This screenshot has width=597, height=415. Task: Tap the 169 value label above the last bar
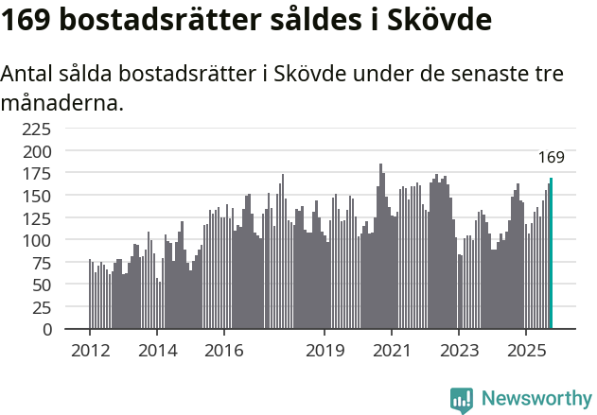coord(551,157)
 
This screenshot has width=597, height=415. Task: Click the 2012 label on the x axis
coord(90,352)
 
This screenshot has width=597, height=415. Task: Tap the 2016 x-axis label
coord(223,352)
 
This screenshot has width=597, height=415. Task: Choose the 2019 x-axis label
coord(325,352)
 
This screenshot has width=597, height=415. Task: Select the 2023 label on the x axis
coord(458,352)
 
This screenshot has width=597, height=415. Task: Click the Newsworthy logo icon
coord(462,400)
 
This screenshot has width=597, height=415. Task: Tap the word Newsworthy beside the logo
coord(536,399)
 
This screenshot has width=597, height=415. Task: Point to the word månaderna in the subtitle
coord(62,102)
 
